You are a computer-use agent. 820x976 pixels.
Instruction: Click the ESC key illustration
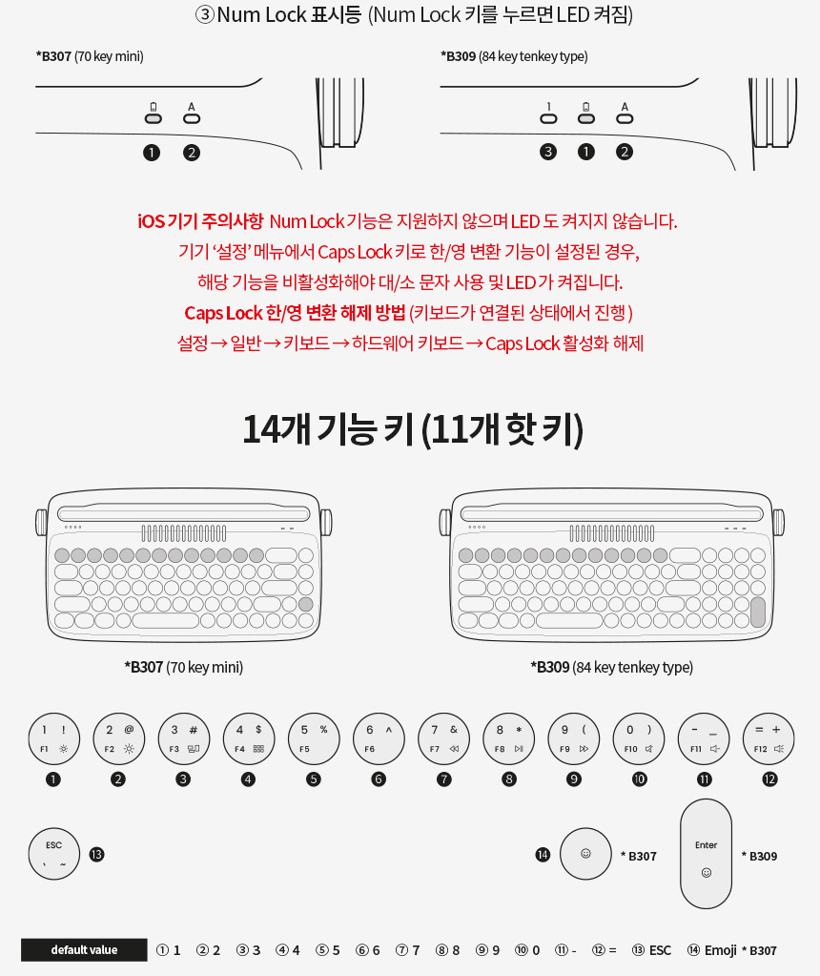[x=54, y=853]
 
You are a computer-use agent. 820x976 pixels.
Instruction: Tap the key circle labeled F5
[x=314, y=738]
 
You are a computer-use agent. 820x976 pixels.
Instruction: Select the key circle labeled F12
[x=769, y=738]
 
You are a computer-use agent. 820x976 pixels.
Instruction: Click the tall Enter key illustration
[x=707, y=854]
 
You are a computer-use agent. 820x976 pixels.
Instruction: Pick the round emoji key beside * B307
[x=585, y=853]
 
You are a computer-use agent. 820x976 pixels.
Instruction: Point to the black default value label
[x=84, y=950]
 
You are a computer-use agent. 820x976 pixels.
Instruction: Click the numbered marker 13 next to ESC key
[x=96, y=855]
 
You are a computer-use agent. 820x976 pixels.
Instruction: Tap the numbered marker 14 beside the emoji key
[x=543, y=855]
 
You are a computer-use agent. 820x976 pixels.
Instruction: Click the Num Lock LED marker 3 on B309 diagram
[x=548, y=152]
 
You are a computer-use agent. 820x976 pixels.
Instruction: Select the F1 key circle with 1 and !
[x=54, y=738]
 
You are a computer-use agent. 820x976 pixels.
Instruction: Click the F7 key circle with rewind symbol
[x=444, y=738]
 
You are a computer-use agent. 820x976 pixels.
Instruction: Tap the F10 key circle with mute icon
[x=639, y=738]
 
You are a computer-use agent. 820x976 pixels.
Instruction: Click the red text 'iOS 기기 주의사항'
[x=200, y=221]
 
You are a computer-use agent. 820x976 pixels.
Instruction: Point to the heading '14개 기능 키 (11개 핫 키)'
[x=413, y=429]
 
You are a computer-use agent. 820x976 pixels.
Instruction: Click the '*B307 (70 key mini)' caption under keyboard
[x=183, y=667]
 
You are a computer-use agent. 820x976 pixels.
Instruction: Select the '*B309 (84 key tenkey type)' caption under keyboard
[x=611, y=667]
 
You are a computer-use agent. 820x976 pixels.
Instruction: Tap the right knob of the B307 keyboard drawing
[x=326, y=522]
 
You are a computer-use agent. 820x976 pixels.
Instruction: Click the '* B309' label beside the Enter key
[x=760, y=856]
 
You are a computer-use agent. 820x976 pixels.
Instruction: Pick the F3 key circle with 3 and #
[x=183, y=738]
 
